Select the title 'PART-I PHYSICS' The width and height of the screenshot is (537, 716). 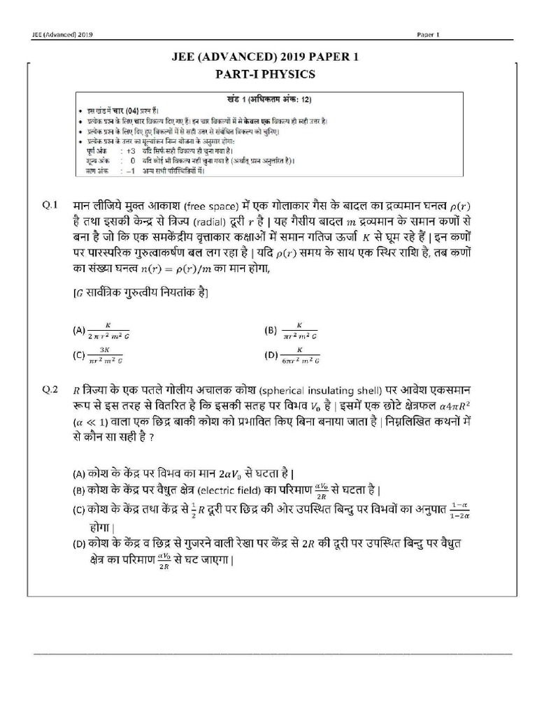(268, 73)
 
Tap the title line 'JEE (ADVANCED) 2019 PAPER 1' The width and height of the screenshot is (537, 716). (268, 57)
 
